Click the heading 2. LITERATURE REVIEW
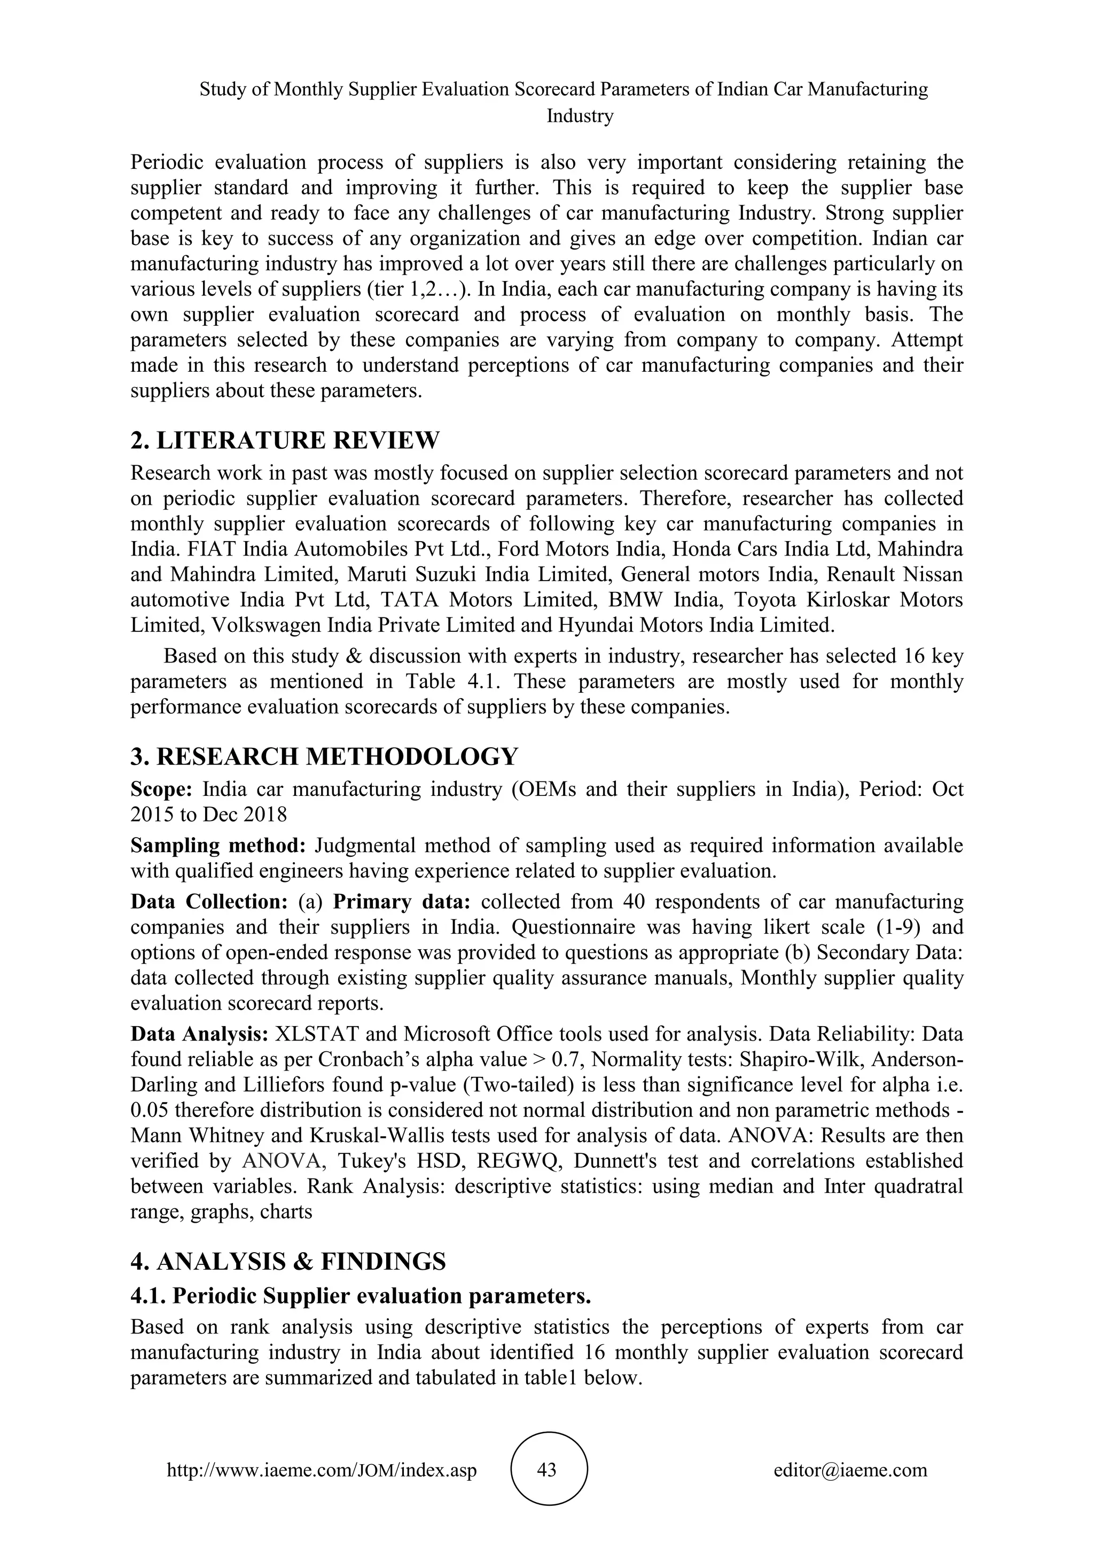tap(284, 441)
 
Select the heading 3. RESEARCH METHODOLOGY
tap(324, 756)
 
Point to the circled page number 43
tap(547, 1470)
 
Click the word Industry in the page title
tap(580, 116)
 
